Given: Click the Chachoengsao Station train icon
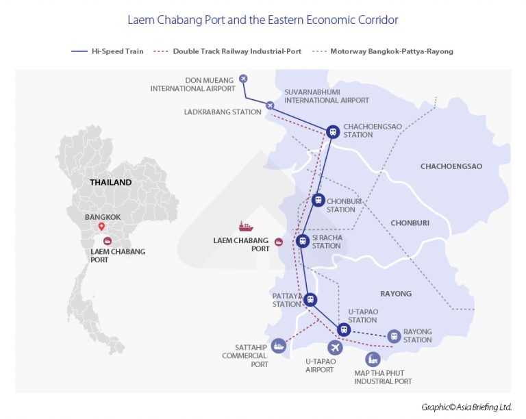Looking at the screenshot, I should pyautogui.click(x=333, y=131).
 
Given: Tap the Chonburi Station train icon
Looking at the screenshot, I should pyautogui.click(x=318, y=200).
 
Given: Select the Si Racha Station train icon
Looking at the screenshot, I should pyautogui.click(x=302, y=241).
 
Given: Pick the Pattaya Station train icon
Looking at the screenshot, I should pyautogui.click(x=310, y=299).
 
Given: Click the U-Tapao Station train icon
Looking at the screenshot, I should pyautogui.click(x=345, y=330).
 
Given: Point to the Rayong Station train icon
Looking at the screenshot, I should pyautogui.click(x=394, y=336).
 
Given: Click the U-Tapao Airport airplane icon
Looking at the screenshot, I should pyautogui.click(x=334, y=347).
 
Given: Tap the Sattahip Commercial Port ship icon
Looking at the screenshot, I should pyautogui.click(x=279, y=346).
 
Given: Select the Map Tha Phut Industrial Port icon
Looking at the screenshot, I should pyautogui.click(x=373, y=359).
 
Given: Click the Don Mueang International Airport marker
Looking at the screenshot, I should pyautogui.click(x=243, y=78).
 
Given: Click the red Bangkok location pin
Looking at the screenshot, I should pyautogui.click(x=101, y=227).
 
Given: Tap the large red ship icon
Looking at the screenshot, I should pyautogui.click(x=245, y=226).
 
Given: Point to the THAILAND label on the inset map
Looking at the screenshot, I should pyautogui.click(x=110, y=183).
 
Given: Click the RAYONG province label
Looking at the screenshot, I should pyautogui.click(x=396, y=294).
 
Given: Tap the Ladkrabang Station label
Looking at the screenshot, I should pyautogui.click(x=223, y=112).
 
